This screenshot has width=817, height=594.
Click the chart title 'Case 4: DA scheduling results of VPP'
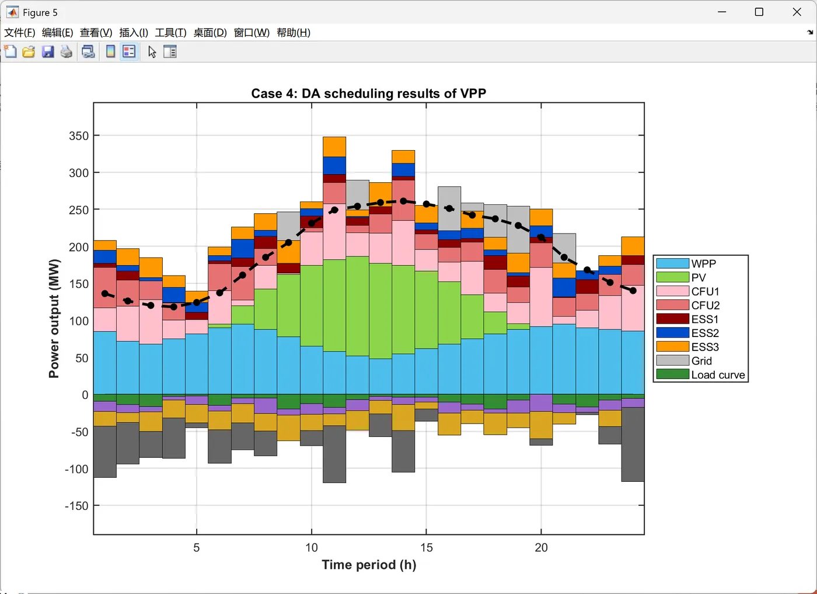pos(368,93)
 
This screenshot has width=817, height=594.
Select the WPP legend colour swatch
pos(672,263)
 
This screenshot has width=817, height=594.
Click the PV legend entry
pos(698,277)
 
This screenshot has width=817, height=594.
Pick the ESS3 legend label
pos(705,347)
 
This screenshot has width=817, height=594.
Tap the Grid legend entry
pos(701,361)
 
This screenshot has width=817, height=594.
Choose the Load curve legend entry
pos(718,375)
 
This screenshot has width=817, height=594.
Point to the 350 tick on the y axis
pos(79,136)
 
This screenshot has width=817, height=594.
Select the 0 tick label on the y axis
pos(85,395)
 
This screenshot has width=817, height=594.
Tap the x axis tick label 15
pos(427,548)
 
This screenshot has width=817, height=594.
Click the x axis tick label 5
pos(197,548)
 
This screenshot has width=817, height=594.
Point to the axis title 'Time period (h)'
pos(369,565)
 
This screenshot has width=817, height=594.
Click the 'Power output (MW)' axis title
pos(54,318)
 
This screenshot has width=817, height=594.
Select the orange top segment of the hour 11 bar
pos(334,147)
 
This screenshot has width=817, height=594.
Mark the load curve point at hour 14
pos(403,201)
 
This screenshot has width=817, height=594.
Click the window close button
pos(797,12)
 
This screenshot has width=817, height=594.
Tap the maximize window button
pos(759,12)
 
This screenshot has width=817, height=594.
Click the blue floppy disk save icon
pos(48,52)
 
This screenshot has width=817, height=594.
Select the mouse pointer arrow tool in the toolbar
pos(152,52)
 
